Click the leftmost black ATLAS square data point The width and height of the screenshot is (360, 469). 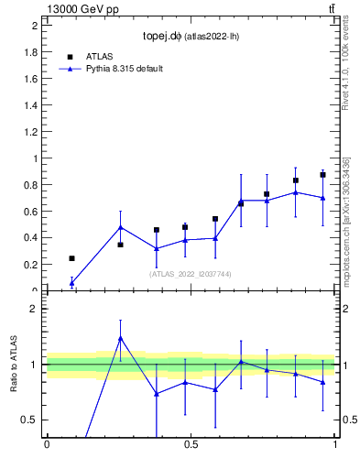pos(72,258)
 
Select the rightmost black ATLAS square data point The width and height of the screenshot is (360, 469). pos(322,175)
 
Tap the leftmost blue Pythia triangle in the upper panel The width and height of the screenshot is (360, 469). pos(72,283)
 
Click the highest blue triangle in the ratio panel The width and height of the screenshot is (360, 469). pos(120,338)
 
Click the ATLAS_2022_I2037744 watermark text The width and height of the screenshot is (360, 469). pos(191,273)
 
